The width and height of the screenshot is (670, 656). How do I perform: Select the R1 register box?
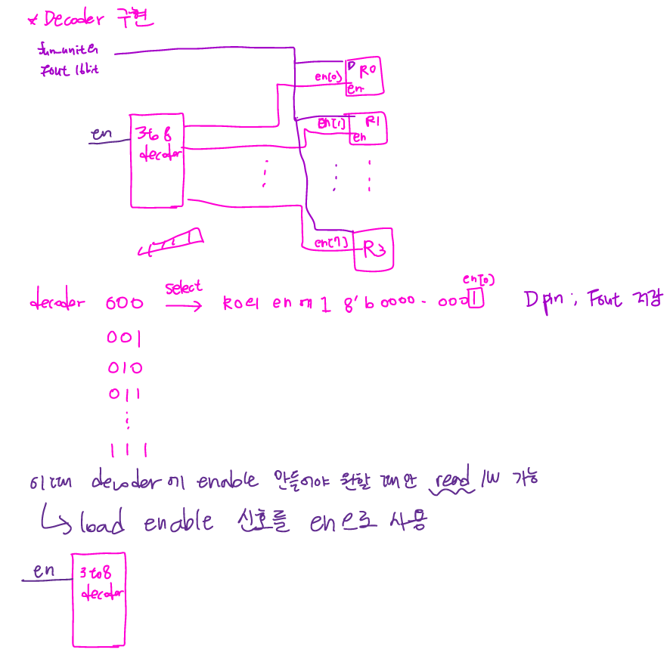[368, 128]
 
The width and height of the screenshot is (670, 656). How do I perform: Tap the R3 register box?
[374, 249]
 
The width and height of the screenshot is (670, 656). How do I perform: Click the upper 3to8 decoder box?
[157, 160]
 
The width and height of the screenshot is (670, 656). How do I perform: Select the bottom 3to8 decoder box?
[98, 599]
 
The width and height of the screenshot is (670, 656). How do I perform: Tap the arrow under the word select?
[183, 305]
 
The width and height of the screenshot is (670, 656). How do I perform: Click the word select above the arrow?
[184, 287]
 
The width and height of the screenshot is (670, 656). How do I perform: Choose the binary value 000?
[125, 304]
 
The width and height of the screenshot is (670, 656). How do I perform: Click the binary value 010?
[125, 368]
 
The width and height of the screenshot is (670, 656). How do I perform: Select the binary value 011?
[125, 394]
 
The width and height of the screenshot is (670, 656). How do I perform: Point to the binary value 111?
[126, 451]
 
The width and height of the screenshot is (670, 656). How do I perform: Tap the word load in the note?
[102, 524]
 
